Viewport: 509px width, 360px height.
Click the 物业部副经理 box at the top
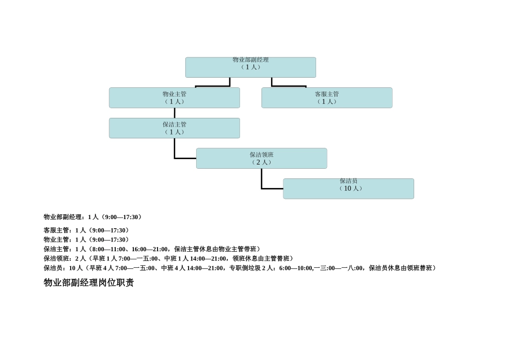coord(250,67)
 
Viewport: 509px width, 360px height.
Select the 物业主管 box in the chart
coord(174,98)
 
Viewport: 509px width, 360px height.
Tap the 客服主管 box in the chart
coord(327,98)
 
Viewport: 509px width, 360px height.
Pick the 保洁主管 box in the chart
coord(174,129)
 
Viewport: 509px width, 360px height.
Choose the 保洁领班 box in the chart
coord(261,159)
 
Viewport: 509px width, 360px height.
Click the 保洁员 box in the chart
coord(348,189)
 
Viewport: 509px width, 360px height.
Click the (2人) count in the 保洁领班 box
coord(261,162)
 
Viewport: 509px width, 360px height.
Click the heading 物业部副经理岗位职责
coord(88,282)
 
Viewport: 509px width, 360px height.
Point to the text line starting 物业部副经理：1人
coord(93,217)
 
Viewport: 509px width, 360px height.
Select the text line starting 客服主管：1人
coord(86,230)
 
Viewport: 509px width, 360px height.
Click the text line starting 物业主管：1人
coord(86,239)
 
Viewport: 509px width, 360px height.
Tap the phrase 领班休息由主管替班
coord(263,258)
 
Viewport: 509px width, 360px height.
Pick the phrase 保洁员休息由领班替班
coord(402,268)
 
